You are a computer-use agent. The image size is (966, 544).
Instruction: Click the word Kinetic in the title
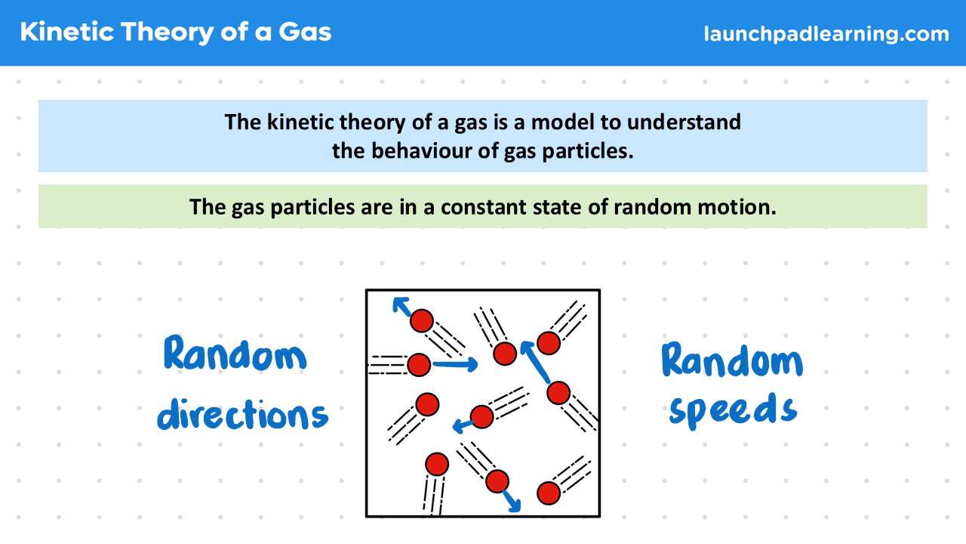click(67, 32)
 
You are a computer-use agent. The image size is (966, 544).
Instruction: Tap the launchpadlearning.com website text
click(826, 34)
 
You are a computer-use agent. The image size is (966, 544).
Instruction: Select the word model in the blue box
click(563, 122)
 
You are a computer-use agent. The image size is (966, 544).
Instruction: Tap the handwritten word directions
click(243, 415)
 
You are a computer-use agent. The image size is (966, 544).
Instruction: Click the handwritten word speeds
click(733, 410)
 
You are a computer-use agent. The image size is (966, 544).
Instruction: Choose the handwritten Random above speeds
click(732, 360)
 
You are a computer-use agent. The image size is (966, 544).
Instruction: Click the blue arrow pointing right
click(455, 365)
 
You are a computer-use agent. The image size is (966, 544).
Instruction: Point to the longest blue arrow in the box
click(536, 362)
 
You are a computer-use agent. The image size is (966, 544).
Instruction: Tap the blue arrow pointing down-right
click(512, 501)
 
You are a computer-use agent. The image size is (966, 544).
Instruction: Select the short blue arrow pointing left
click(463, 425)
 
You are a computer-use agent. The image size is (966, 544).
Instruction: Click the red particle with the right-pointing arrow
click(419, 365)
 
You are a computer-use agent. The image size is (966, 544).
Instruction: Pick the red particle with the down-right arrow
click(497, 481)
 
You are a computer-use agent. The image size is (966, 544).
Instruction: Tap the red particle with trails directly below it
click(437, 464)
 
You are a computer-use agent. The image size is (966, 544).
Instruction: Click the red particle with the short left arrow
click(481, 416)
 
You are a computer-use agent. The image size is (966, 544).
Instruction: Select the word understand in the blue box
click(684, 122)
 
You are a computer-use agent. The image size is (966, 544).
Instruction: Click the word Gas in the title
click(305, 32)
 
